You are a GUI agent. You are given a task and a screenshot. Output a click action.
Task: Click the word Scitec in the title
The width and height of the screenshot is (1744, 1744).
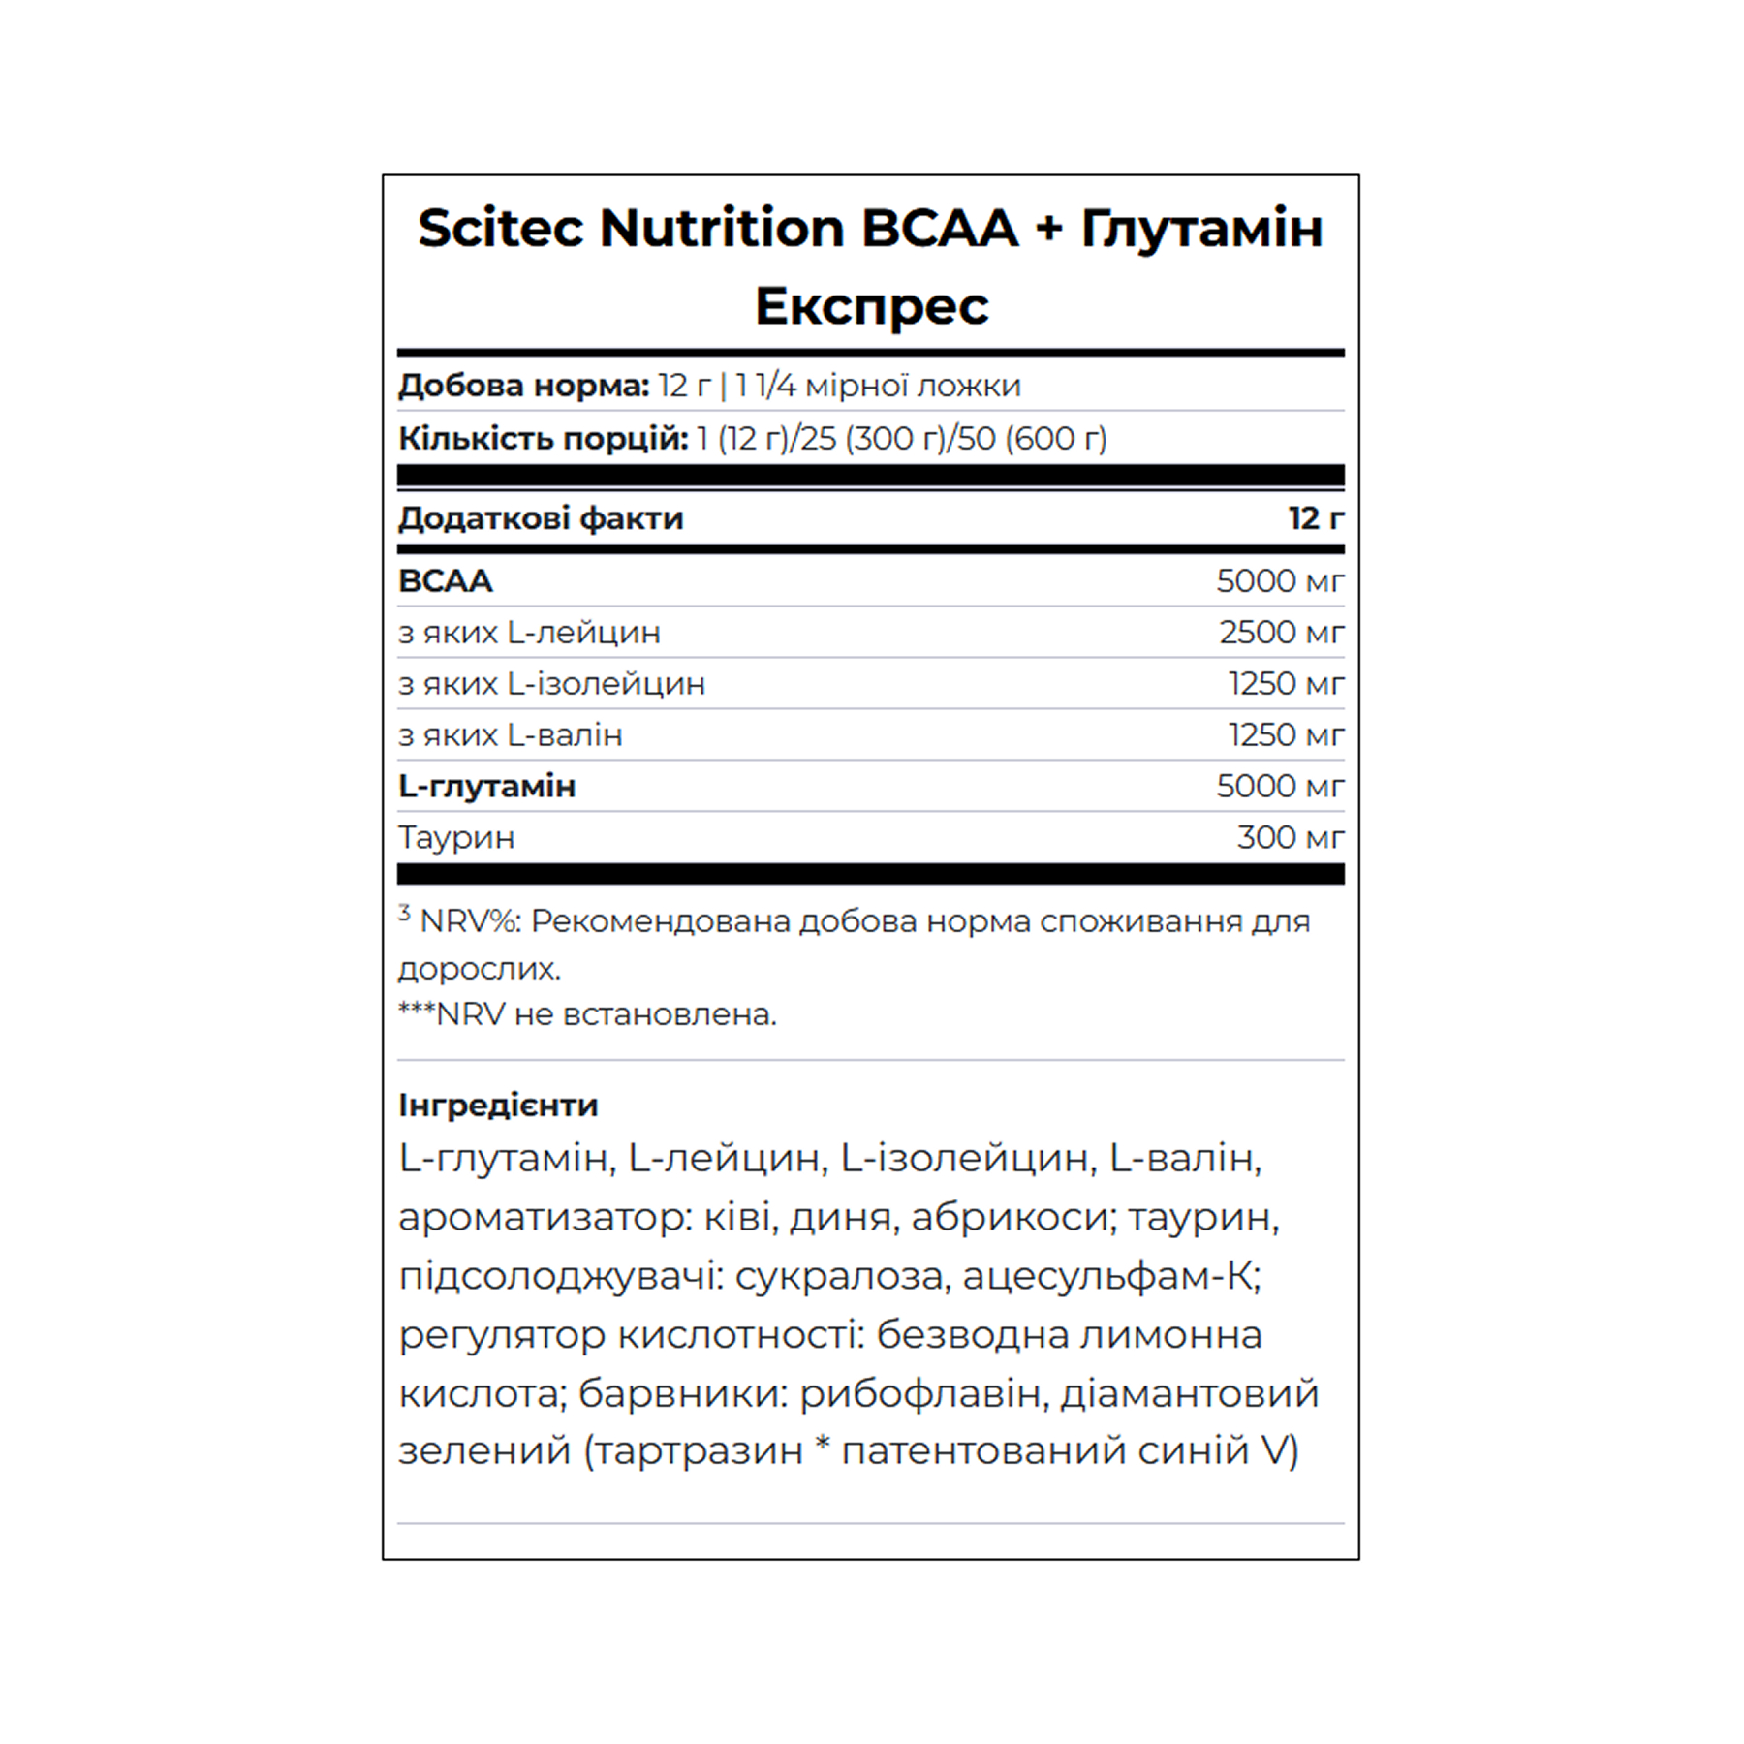pyautogui.click(x=500, y=230)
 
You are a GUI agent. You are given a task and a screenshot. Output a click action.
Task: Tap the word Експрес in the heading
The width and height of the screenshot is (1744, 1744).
pyautogui.click(x=871, y=307)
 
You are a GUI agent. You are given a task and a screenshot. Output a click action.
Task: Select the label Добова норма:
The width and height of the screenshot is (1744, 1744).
pyautogui.click(x=523, y=386)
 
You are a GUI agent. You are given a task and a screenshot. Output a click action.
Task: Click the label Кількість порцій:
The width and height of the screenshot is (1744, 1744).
pyautogui.click(x=543, y=438)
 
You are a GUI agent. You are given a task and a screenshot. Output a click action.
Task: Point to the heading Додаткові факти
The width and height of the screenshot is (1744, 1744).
pyautogui.click(x=541, y=518)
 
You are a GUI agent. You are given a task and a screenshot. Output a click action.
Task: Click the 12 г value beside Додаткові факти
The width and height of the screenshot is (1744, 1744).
pyautogui.click(x=1315, y=518)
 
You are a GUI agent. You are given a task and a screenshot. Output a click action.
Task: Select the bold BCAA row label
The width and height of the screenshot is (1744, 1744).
pyautogui.click(x=446, y=580)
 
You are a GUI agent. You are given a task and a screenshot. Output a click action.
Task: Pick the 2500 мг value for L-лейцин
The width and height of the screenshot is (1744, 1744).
pyautogui.click(x=1281, y=632)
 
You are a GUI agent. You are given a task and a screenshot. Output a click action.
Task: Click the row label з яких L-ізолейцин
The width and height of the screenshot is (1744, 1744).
pyautogui.click(x=551, y=683)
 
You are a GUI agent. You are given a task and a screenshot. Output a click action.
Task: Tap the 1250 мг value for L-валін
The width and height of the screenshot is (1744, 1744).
pyautogui.click(x=1286, y=734)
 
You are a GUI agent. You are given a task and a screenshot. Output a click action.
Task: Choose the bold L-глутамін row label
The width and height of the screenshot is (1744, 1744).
pyautogui.click(x=486, y=786)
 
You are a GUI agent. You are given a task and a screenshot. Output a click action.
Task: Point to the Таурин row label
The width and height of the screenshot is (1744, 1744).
pyautogui.click(x=455, y=837)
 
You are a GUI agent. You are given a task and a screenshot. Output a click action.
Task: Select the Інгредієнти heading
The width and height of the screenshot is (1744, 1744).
pyautogui.click(x=498, y=1105)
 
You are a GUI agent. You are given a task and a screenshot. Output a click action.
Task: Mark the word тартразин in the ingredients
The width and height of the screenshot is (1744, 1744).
pyautogui.click(x=695, y=1450)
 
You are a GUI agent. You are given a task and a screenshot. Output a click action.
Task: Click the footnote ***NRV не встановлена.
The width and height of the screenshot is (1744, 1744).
pyautogui.click(x=587, y=1014)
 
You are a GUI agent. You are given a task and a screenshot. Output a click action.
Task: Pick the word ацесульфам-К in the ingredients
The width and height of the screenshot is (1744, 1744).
pyautogui.click(x=1110, y=1276)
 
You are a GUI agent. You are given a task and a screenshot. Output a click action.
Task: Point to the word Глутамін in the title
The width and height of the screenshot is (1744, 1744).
pyautogui.click(x=1201, y=230)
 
